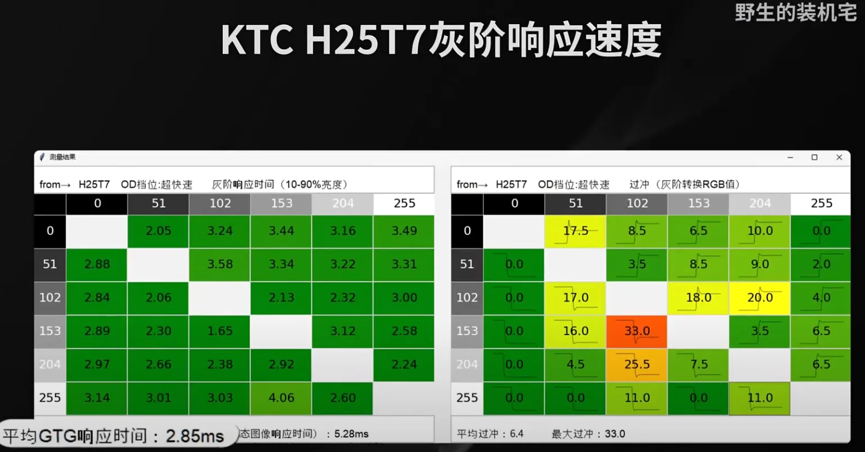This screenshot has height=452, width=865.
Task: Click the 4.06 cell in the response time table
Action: coord(281,398)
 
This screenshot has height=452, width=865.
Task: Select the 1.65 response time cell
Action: coord(220,331)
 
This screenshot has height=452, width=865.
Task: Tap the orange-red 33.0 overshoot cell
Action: coord(637,331)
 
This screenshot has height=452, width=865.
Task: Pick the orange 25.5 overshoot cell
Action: coord(637,365)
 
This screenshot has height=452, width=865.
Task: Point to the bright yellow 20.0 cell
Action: coord(760,298)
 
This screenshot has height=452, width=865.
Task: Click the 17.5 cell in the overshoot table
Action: coord(576,231)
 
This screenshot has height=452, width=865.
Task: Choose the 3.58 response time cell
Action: coord(220,264)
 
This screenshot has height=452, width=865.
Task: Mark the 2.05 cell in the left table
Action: coord(159,231)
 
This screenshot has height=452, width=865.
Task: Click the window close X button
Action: coord(839,157)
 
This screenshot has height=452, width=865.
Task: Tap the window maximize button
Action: coord(814,157)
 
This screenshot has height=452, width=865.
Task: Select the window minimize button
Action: coord(790,157)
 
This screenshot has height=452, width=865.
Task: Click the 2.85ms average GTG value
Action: coord(195,436)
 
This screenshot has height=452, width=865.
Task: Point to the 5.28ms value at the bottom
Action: coord(352,434)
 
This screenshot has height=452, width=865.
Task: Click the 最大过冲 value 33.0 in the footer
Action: coord(615,434)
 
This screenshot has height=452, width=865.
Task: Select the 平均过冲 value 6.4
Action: coord(516,434)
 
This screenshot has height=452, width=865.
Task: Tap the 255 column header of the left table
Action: coord(404,204)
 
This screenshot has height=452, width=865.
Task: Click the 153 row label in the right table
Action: coord(467,331)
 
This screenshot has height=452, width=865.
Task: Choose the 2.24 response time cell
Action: coord(404,365)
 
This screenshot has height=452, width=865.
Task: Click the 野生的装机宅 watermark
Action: coord(795,12)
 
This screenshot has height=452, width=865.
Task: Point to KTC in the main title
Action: coord(256,40)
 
